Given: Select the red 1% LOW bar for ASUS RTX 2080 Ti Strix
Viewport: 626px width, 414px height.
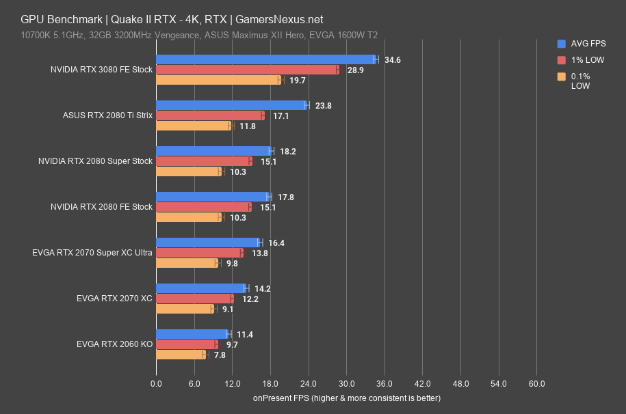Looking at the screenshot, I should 209,115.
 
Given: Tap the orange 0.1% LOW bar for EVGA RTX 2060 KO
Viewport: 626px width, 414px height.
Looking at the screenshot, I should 181,355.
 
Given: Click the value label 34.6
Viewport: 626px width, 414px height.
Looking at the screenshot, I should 393,60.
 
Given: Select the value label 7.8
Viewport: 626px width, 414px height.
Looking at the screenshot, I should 221,355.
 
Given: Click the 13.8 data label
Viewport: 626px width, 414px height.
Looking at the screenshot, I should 259,253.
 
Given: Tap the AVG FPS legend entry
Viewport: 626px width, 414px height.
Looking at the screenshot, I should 583,42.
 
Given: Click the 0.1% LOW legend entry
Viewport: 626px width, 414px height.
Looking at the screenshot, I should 582,81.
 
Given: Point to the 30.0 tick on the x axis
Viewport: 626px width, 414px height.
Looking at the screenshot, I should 346,385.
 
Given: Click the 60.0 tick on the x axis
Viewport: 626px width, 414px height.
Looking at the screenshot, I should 536,385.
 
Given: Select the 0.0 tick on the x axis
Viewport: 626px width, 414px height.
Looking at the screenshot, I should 156,385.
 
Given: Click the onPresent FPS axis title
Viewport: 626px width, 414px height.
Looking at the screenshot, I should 346,398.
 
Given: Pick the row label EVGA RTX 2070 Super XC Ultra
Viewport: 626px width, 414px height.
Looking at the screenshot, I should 92,253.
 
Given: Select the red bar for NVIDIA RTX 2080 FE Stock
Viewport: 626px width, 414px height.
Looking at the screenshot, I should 203,207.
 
